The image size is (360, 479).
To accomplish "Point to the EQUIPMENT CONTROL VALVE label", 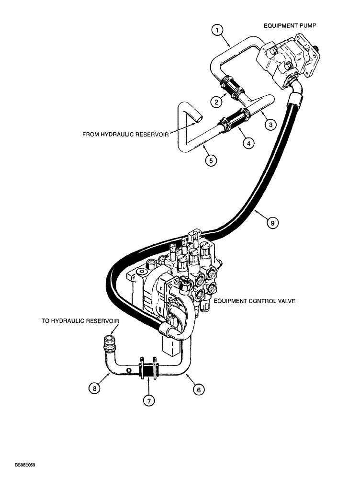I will point(255,301).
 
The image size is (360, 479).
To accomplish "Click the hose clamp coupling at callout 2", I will point(232,89).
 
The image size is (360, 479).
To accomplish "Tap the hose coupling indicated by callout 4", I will point(233,119).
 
